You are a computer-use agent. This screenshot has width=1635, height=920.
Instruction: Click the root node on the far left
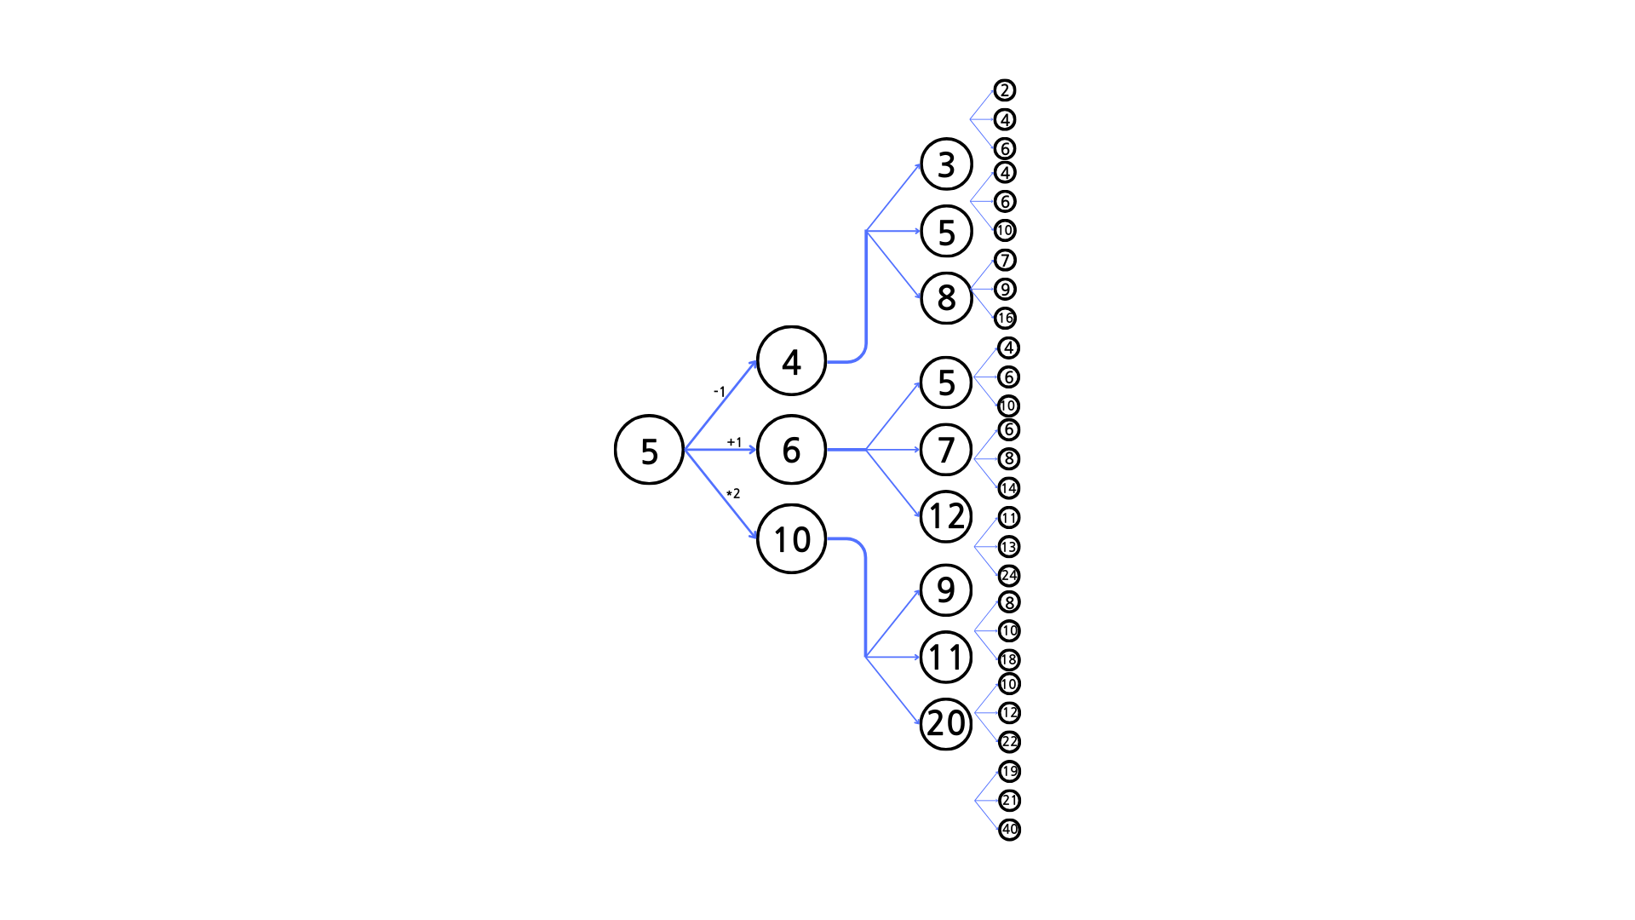649,450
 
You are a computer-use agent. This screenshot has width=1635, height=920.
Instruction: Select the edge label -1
720,392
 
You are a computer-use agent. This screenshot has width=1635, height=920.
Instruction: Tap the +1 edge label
734,442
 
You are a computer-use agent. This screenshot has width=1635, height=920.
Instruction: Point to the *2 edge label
733,493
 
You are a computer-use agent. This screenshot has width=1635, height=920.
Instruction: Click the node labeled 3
946,164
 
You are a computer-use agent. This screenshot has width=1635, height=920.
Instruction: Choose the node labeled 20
946,723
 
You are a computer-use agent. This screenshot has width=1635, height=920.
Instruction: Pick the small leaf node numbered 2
1005,90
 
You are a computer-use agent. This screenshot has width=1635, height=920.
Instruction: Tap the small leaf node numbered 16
1005,318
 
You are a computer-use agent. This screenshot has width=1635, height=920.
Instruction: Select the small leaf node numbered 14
1009,488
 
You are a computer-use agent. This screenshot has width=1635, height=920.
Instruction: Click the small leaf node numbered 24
1009,575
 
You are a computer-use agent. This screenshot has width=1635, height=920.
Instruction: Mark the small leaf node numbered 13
1009,546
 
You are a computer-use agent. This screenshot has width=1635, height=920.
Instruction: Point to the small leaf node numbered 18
1009,659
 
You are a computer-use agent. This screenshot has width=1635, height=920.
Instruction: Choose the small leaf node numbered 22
1009,742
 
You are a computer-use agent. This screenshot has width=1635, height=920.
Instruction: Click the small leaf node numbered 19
1009,771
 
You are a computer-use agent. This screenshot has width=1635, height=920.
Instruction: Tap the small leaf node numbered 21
1009,800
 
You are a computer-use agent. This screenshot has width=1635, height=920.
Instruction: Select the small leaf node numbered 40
1009,829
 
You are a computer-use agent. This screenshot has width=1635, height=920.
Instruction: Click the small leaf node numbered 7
1005,260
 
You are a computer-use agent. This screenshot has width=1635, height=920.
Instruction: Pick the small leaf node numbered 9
1005,289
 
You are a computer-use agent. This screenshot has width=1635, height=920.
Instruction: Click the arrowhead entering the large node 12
918,515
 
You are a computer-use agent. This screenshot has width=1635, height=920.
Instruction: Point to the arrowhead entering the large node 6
754,450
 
